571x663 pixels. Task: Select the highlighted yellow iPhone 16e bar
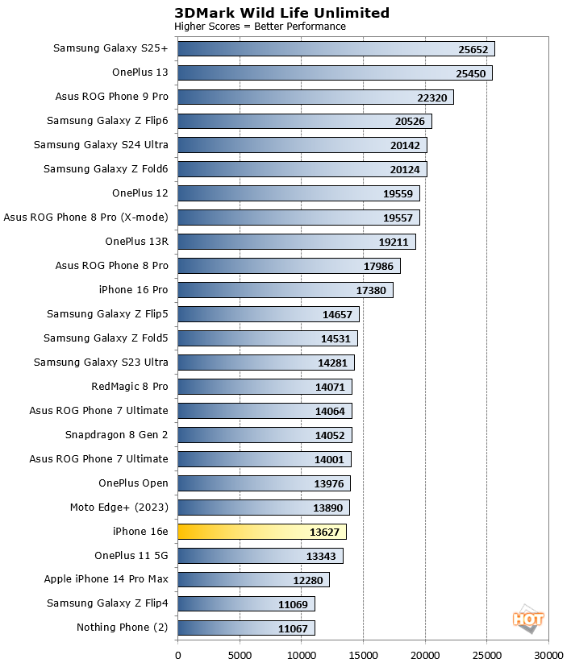(x=261, y=532)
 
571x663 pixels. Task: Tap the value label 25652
(x=473, y=49)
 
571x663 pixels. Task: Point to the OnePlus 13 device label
(x=140, y=73)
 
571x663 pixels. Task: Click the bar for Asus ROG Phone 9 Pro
(x=315, y=97)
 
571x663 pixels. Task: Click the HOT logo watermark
(x=528, y=618)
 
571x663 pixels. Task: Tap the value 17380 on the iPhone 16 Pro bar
(x=372, y=291)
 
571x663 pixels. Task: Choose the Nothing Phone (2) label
(x=122, y=628)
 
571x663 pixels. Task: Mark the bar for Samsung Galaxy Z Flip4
(x=246, y=604)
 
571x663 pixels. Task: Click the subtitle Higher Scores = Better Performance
(x=260, y=27)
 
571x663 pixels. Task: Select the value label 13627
(x=325, y=532)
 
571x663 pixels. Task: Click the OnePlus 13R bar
(x=296, y=242)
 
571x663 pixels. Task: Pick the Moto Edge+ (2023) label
(x=119, y=508)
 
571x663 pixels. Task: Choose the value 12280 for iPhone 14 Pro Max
(x=308, y=581)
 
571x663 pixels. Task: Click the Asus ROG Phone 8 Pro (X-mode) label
(x=85, y=218)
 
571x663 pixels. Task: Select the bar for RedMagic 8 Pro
(x=265, y=387)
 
